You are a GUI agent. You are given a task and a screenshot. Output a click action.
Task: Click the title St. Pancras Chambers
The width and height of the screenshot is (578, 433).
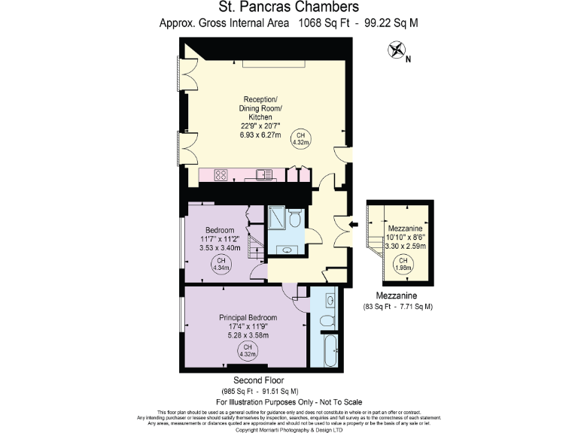pos(288,8)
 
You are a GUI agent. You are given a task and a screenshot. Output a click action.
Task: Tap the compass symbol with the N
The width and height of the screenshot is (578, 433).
pos(396,51)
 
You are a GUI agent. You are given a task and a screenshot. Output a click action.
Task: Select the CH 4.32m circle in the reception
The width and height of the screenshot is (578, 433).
pos(301,138)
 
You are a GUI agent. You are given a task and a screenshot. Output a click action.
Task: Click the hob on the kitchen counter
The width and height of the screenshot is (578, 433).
pos(222,175)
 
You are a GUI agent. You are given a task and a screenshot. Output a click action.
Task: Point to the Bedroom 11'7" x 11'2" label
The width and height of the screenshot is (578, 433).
pos(220,238)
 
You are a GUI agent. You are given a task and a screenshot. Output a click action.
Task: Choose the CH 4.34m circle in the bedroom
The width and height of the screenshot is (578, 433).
pos(221,263)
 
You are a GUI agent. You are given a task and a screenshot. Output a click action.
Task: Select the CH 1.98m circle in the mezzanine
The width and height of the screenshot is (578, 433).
pos(403,264)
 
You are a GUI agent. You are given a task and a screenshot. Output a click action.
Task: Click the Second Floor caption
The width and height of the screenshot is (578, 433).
pos(258,380)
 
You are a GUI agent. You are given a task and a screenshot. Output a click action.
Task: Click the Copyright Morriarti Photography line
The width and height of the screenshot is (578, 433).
pos(288,429)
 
